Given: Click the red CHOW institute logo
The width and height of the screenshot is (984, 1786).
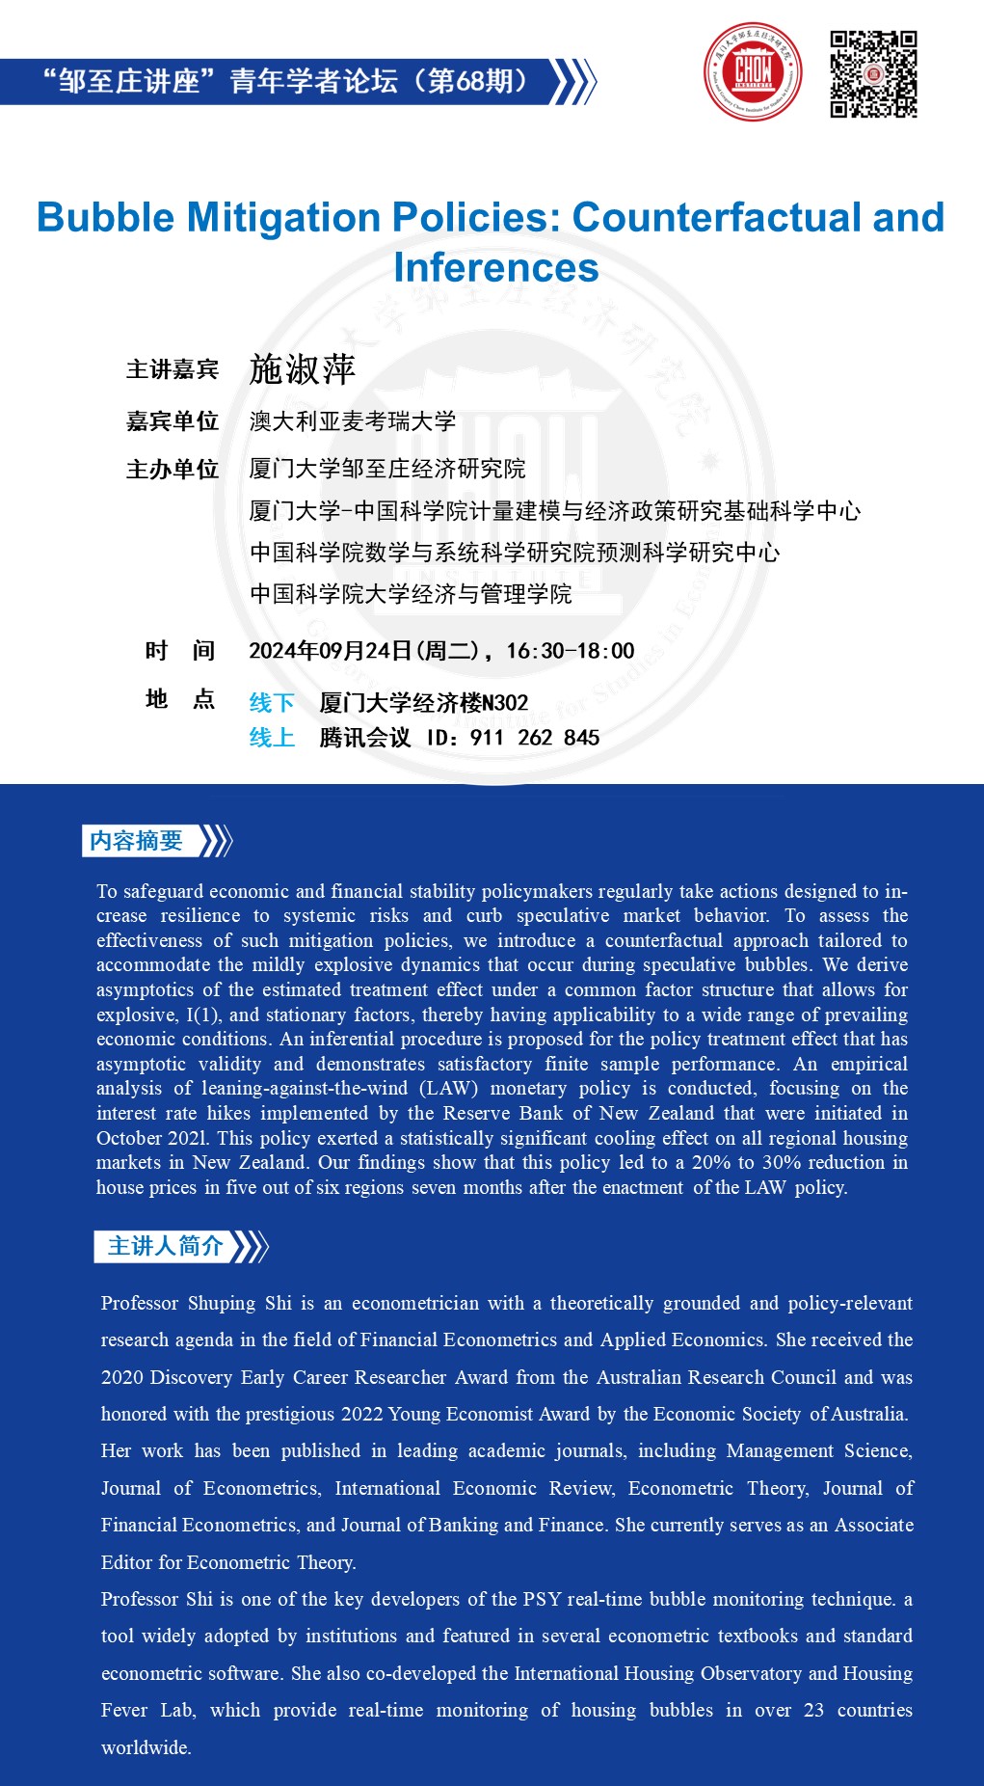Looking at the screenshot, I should pyautogui.click(x=753, y=72).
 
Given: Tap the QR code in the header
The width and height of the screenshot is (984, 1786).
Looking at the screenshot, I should pyautogui.click(x=873, y=74).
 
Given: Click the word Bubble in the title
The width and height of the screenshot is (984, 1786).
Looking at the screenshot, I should pyautogui.click(x=105, y=217).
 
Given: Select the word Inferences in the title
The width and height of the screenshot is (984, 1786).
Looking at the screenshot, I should pyautogui.click(x=496, y=267).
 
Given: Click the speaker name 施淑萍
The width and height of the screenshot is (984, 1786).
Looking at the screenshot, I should pyautogui.click(x=303, y=369).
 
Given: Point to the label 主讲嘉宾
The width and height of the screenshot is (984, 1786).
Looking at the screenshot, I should pyautogui.click(x=173, y=369).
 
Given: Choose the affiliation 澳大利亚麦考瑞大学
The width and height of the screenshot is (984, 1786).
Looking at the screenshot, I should pyautogui.click(x=353, y=421).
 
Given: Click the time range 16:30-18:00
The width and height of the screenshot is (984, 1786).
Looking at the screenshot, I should pyautogui.click(x=571, y=651).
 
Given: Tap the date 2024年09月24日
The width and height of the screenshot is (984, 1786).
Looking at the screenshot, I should pyautogui.click(x=331, y=651).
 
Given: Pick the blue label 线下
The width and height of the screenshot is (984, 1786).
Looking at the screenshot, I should pyautogui.click(x=272, y=703).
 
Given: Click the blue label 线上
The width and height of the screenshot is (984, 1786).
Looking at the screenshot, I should pyautogui.click(x=272, y=738).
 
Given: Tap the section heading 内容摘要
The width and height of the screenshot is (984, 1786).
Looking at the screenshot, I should pyautogui.click(x=136, y=841).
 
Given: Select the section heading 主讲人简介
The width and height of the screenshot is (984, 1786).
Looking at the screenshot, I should pyautogui.click(x=165, y=1246).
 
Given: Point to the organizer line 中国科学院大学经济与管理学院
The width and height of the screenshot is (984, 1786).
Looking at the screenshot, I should pyautogui.click(x=411, y=594).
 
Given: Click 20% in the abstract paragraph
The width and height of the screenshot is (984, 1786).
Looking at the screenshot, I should pyautogui.click(x=712, y=1162).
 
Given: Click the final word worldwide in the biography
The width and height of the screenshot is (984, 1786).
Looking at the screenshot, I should pyautogui.click(x=146, y=1747).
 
